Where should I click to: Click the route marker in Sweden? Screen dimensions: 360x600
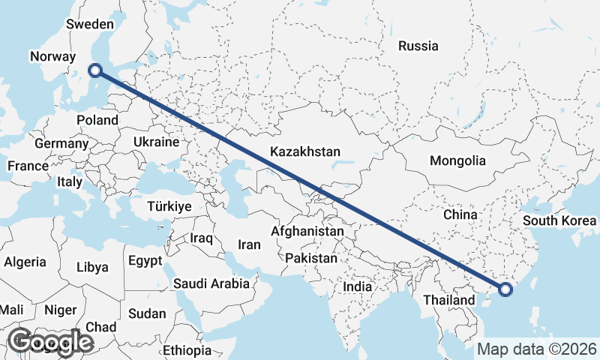[95, 70]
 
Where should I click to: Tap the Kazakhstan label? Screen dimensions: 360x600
[305, 151]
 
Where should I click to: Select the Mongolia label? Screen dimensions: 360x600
[457, 160]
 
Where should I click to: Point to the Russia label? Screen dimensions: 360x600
[418, 46]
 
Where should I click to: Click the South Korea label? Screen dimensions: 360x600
[559, 220]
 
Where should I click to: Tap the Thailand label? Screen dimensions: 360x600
[449, 300]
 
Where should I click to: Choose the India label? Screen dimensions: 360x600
[358, 286]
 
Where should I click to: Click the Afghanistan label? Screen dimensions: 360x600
[307, 232]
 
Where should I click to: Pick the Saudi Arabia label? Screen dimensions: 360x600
[211, 283]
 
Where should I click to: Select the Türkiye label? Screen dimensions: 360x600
[170, 205]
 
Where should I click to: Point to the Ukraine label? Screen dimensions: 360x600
[156, 142]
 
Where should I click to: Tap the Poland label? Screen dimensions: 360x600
[97, 120]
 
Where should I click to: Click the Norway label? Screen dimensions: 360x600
[52, 56]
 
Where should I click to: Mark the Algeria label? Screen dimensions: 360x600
[25, 262]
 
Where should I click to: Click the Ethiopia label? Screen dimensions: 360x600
[187, 350]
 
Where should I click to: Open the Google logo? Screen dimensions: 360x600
[49, 341]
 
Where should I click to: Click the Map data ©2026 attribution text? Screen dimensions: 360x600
[537, 349]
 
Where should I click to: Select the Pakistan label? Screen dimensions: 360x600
[311, 257]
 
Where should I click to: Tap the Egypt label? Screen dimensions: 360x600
[145, 262]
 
